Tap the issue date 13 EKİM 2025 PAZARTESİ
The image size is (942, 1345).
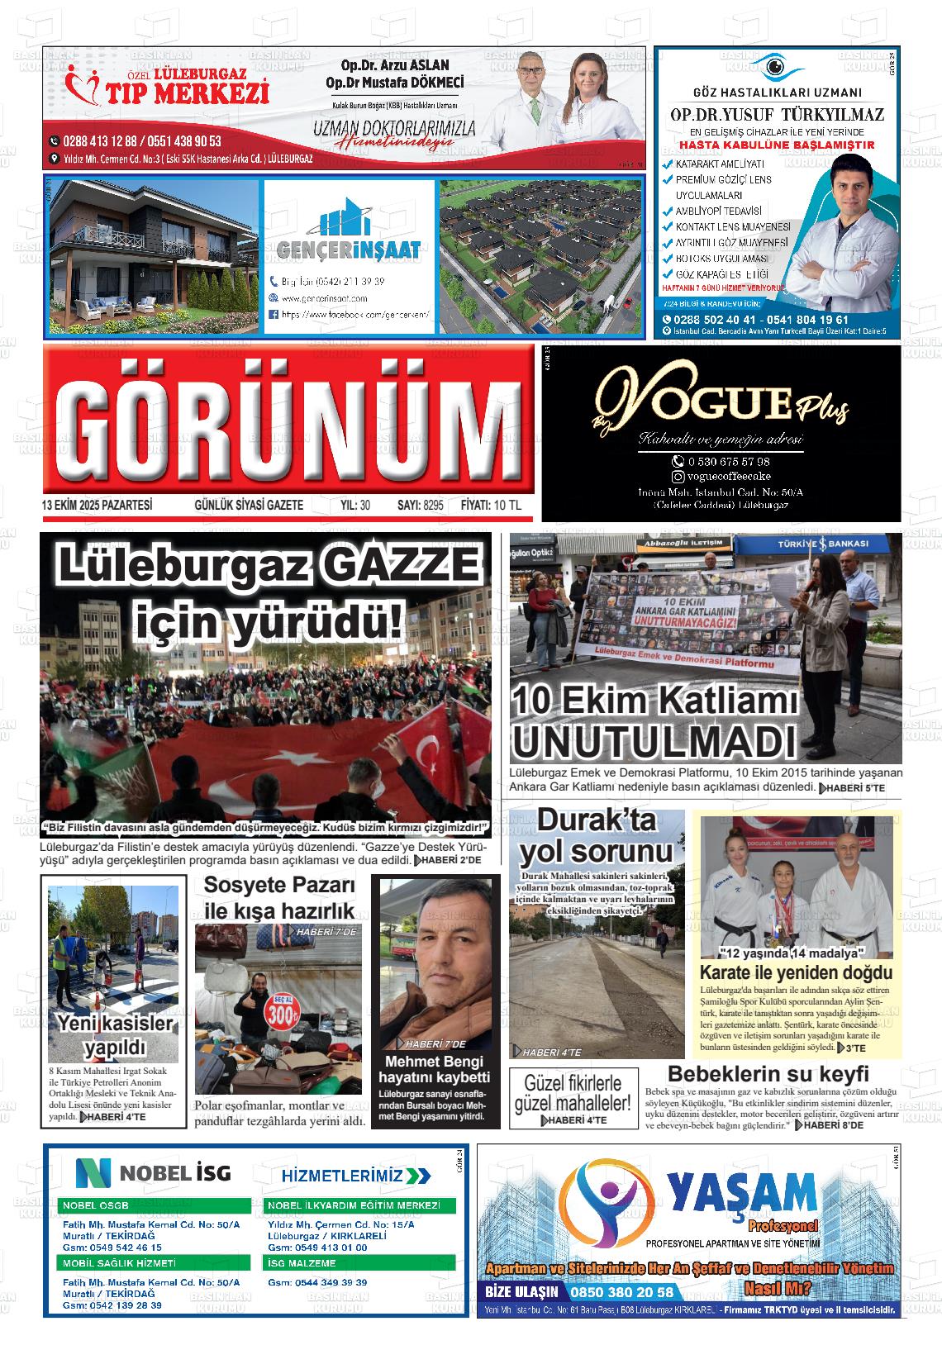coord(98,505)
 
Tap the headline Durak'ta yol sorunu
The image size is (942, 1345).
coord(596,836)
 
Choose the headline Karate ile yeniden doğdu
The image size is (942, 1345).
coord(796,972)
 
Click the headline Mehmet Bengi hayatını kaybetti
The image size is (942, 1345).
coord(434,1069)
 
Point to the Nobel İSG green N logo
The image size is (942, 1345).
coord(93,1173)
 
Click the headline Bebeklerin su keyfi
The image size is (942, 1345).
coord(768,1074)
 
